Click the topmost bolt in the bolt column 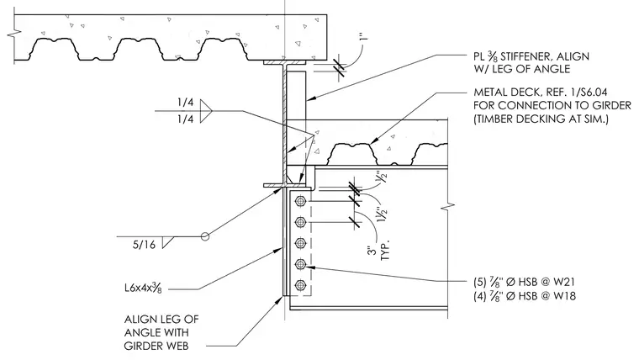click(x=301, y=201)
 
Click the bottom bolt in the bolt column click(x=301, y=285)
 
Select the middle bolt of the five click(x=301, y=243)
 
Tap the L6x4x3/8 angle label click(x=143, y=289)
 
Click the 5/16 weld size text click(x=144, y=245)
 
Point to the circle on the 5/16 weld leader click(x=205, y=236)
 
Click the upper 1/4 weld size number click(x=186, y=102)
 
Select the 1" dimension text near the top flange click(x=364, y=34)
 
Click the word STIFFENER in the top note click(x=526, y=56)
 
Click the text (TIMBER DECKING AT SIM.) click(x=541, y=119)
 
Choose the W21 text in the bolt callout click(x=564, y=282)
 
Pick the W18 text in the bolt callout click(x=564, y=295)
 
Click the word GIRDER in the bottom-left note click(x=156, y=347)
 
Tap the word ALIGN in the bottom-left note click(x=140, y=319)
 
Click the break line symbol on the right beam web click(x=448, y=207)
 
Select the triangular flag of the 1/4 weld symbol click(x=206, y=111)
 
